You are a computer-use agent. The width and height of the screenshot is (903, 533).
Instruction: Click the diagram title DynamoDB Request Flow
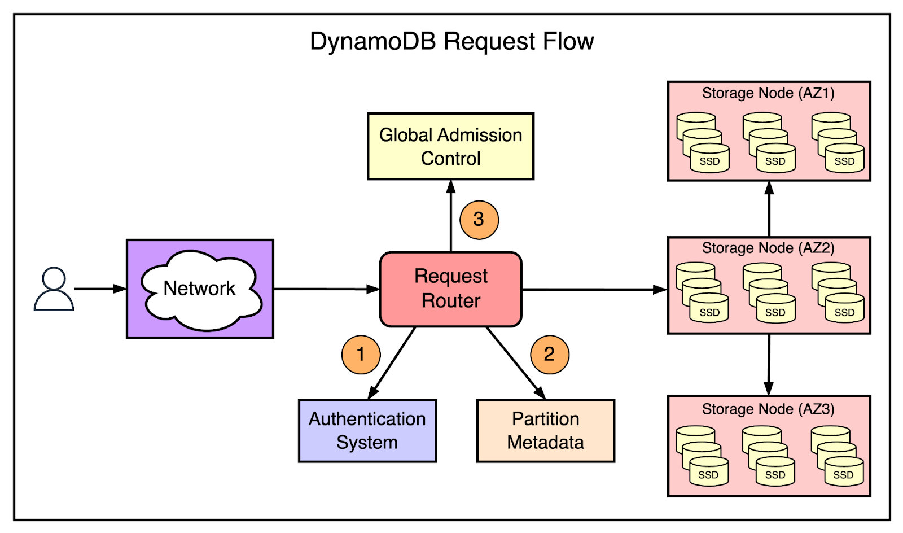pyautogui.click(x=451, y=42)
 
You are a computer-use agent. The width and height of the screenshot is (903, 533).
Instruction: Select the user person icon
pyautogui.click(x=54, y=289)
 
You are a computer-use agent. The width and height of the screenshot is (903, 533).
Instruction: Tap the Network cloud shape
pyautogui.click(x=200, y=289)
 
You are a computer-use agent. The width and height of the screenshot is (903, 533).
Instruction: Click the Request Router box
pyautogui.click(x=450, y=289)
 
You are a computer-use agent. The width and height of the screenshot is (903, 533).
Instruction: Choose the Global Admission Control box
pyautogui.click(x=450, y=146)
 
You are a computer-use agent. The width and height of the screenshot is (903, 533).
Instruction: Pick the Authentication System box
pyautogui.click(x=367, y=431)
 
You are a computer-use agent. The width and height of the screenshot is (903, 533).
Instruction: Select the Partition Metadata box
pyautogui.click(x=545, y=431)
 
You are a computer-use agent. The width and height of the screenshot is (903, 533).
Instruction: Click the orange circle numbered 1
pyautogui.click(x=361, y=355)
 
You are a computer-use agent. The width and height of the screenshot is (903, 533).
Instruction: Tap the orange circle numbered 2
pyautogui.click(x=549, y=355)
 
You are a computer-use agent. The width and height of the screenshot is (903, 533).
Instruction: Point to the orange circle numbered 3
pyautogui.click(x=479, y=220)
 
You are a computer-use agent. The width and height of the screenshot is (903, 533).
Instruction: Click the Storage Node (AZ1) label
pyautogui.click(x=768, y=93)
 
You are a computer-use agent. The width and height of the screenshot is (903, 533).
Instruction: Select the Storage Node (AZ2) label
pyautogui.click(x=768, y=248)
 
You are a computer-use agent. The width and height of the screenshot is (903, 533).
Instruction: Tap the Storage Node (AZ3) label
pyautogui.click(x=768, y=409)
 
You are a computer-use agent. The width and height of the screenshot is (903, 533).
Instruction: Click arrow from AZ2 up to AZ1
pyautogui.click(x=769, y=209)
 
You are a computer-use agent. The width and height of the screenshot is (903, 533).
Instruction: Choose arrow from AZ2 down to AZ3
pyautogui.click(x=769, y=365)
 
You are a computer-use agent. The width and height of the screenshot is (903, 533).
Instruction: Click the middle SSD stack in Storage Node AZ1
pyautogui.click(x=768, y=143)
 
